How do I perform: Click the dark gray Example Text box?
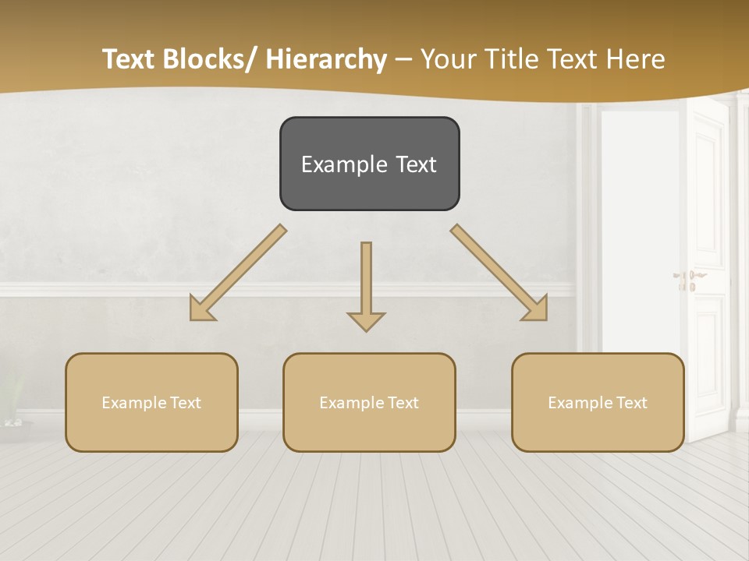(x=369, y=164)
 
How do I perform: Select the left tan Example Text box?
(x=151, y=402)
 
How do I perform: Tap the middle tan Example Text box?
(x=369, y=402)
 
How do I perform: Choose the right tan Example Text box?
(x=598, y=402)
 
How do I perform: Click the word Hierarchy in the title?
(x=326, y=59)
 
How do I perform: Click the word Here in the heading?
(x=634, y=59)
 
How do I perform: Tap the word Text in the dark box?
(x=416, y=164)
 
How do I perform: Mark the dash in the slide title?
(x=403, y=59)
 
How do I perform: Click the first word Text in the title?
(x=130, y=59)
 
